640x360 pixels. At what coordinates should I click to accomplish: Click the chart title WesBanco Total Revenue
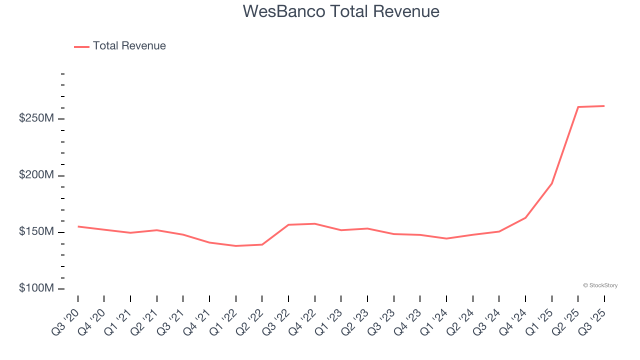pos(341,11)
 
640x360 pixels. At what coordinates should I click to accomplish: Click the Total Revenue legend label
pos(129,46)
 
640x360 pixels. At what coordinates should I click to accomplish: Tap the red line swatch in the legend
pos(81,46)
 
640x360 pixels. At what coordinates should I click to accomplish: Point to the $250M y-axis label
pos(36,118)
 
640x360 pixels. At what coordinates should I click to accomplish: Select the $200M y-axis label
pos(36,175)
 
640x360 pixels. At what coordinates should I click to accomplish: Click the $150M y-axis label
pos(36,232)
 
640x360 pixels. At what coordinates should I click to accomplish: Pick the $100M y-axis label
pos(36,288)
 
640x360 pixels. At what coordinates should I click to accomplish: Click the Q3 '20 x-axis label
pos(65,322)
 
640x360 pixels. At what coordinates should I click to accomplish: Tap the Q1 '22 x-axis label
pos(223,322)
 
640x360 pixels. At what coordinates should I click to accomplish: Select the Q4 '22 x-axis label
pos(302,322)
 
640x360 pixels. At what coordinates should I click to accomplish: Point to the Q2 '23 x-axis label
pos(354,322)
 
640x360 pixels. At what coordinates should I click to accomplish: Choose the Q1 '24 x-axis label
pos(433,322)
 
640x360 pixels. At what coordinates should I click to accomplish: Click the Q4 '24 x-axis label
pos(512,322)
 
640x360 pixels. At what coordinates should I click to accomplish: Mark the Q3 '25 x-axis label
pos(591,322)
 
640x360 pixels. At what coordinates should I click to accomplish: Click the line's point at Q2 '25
pos(578,107)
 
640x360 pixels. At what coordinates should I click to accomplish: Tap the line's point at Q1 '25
pos(552,183)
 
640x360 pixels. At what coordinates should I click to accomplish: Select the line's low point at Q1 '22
pos(236,246)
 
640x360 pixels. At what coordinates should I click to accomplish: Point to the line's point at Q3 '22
pos(288,225)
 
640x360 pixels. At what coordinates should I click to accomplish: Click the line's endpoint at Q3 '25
pos(604,106)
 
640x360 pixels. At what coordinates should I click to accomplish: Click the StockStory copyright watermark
pos(600,285)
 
